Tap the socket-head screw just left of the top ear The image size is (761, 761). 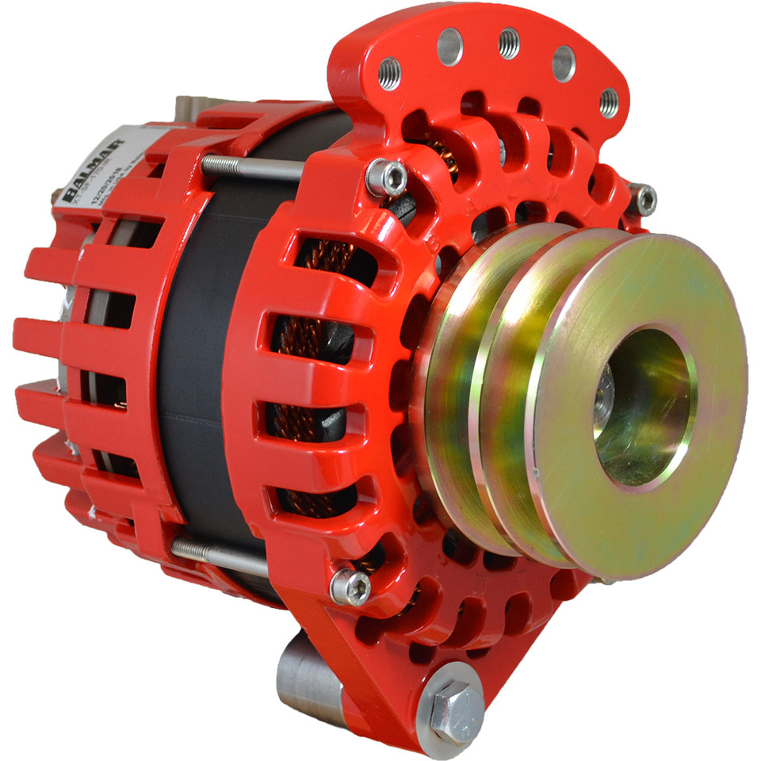386,178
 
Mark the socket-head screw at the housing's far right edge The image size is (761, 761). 643,199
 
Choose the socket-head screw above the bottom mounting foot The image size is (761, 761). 350,586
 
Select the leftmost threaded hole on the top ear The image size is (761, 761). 389,75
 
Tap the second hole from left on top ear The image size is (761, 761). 449,47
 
